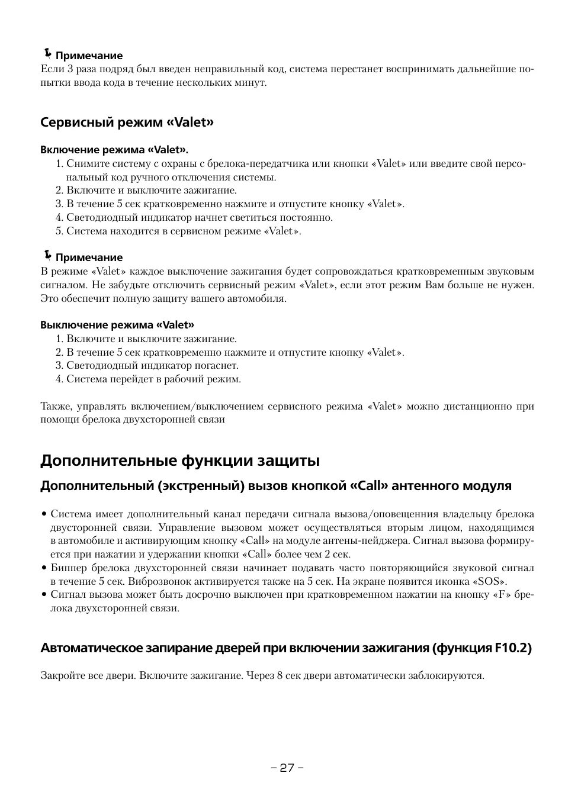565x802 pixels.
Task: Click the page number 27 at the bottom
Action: pyautogui.click(x=287, y=768)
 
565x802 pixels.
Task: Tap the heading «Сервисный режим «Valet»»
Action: pyautogui.click(x=127, y=123)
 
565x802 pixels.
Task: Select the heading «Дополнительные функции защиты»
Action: pyautogui.click(x=180, y=460)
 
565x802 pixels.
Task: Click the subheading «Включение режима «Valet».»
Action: pyautogui.click(x=118, y=149)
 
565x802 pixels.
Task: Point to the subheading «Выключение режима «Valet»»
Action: pyautogui.click(x=117, y=324)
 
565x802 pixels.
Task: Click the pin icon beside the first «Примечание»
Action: pyautogui.click(x=47, y=54)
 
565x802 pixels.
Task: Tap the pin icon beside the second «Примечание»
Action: pyautogui.click(x=47, y=256)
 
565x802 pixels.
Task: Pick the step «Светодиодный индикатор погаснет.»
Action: pyautogui.click(x=152, y=366)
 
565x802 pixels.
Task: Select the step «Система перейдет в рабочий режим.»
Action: pyautogui.click(x=153, y=379)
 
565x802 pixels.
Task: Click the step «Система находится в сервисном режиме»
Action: pyautogui.click(x=184, y=231)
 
